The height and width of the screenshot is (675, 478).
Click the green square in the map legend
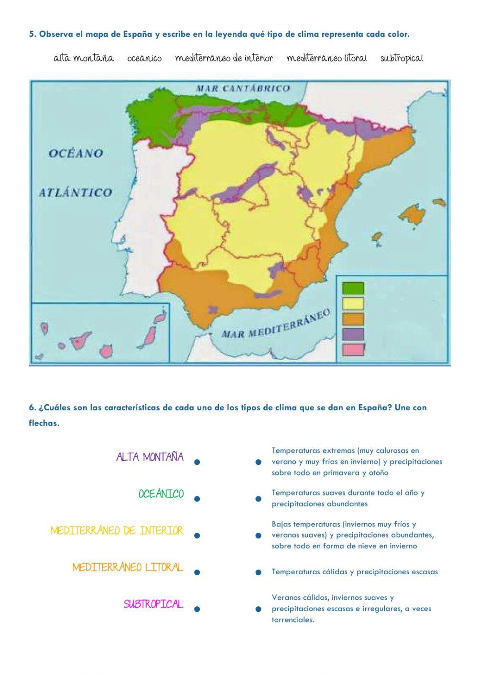pyautogui.click(x=353, y=288)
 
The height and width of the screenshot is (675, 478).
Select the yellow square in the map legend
pyautogui.click(x=353, y=303)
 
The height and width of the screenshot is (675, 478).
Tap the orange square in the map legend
pyautogui.click(x=353, y=319)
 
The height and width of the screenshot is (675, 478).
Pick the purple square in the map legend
pyautogui.click(x=353, y=334)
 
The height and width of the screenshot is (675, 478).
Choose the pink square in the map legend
pyautogui.click(x=353, y=349)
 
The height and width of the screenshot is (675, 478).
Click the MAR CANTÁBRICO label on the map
pyautogui.click(x=243, y=88)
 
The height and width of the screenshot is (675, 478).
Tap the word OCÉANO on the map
pyautogui.click(x=76, y=153)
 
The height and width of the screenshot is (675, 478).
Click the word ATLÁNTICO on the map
pyautogui.click(x=75, y=193)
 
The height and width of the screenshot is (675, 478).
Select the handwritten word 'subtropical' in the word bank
pyautogui.click(x=402, y=58)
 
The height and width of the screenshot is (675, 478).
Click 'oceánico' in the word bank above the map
pyautogui.click(x=144, y=58)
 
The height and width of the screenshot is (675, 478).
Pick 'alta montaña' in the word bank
pyautogui.click(x=84, y=58)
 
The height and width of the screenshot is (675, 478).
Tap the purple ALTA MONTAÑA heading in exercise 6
pyautogui.click(x=150, y=457)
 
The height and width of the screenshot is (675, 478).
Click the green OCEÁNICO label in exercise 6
pyautogui.click(x=161, y=494)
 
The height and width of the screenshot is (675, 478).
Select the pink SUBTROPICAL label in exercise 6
pyautogui.click(x=153, y=604)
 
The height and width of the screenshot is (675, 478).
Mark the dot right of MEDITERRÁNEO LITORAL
pyautogui.click(x=196, y=572)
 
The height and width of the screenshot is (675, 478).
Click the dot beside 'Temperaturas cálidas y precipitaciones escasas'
pyautogui.click(x=258, y=572)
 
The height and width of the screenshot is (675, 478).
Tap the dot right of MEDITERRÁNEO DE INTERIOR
pyautogui.click(x=196, y=536)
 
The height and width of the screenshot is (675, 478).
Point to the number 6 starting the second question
pyautogui.click(x=32, y=407)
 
